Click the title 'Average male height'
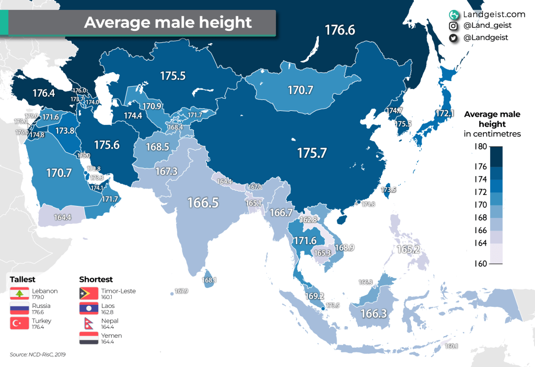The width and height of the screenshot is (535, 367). click(x=168, y=22)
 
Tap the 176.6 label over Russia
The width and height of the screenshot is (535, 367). click(x=340, y=30)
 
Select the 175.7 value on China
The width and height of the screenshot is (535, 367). click(x=312, y=153)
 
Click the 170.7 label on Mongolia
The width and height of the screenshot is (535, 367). click(x=300, y=90)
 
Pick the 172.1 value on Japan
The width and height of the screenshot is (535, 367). click(x=445, y=113)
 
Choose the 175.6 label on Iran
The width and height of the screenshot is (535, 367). click(x=107, y=145)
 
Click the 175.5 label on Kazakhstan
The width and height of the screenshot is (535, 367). click(x=173, y=76)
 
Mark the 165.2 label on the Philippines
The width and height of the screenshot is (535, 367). click(x=409, y=249)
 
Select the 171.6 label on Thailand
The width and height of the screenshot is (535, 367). click(x=305, y=241)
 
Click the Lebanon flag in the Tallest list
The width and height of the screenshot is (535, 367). click(x=19, y=294)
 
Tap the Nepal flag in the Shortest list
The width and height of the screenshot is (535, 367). click(x=88, y=324)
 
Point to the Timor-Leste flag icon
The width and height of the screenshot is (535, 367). click(x=88, y=294)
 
